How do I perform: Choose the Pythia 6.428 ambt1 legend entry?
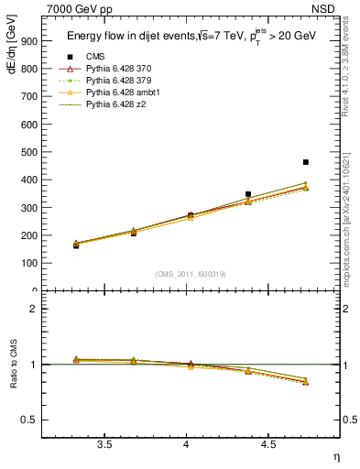point(122,93)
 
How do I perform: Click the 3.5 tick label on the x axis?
point(105,444)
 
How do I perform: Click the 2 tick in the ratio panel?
point(34,309)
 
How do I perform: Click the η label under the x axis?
point(335,455)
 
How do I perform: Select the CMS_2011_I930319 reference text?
point(187,274)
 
